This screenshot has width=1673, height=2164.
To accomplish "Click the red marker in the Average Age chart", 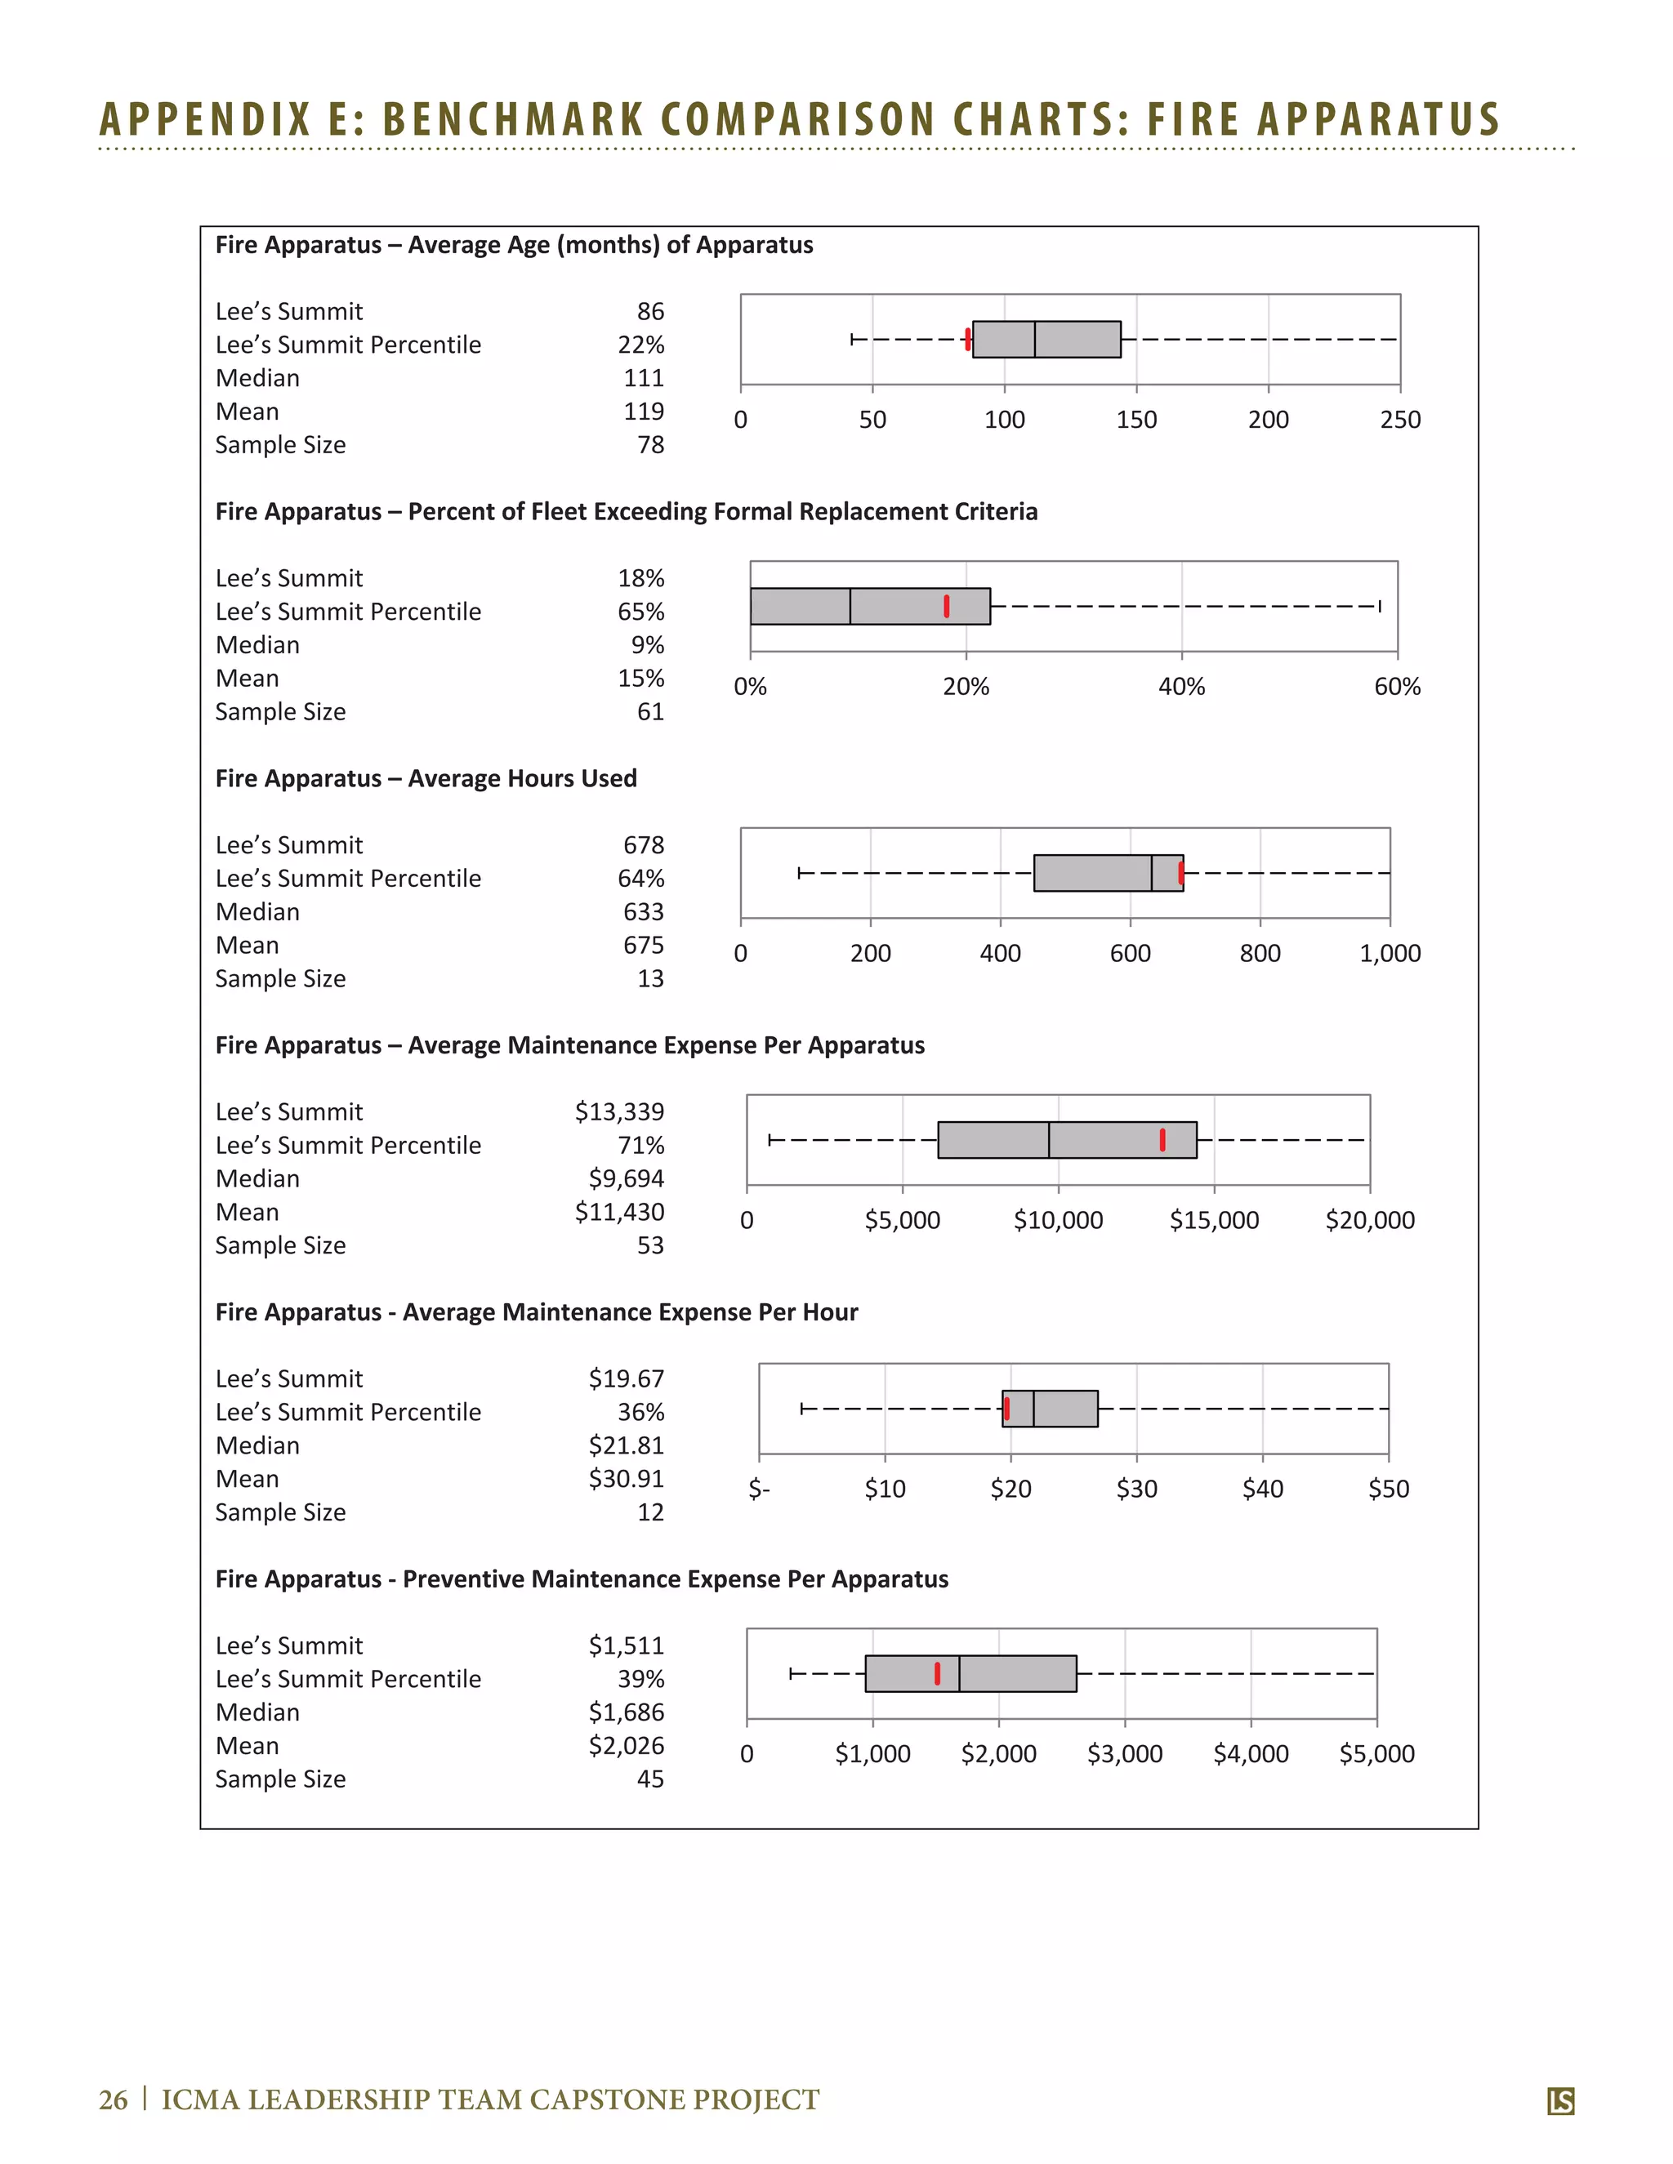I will [967, 339].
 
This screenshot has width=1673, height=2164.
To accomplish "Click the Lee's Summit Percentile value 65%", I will [640, 612].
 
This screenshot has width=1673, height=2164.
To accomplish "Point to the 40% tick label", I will [1181, 687].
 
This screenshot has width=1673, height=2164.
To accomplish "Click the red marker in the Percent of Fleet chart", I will [947, 607].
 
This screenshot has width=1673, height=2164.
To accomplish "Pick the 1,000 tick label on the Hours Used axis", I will [1390, 953].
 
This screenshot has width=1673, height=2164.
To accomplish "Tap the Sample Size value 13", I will [650, 979].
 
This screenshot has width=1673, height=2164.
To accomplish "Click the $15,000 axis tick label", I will [1214, 1221].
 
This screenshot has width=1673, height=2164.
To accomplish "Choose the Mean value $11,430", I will [619, 1212].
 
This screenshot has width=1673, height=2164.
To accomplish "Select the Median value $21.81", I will [626, 1445].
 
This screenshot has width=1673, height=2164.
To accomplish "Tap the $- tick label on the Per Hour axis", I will [759, 1489].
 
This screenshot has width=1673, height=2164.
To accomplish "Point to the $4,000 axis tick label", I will [1251, 1755].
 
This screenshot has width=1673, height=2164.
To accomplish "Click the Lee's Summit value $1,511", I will [626, 1645].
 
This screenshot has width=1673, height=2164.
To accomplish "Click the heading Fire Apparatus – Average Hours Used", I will [426, 779].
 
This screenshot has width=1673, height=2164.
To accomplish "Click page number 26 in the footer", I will [113, 2099].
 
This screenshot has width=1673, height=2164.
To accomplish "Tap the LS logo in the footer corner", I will [1560, 2100].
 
